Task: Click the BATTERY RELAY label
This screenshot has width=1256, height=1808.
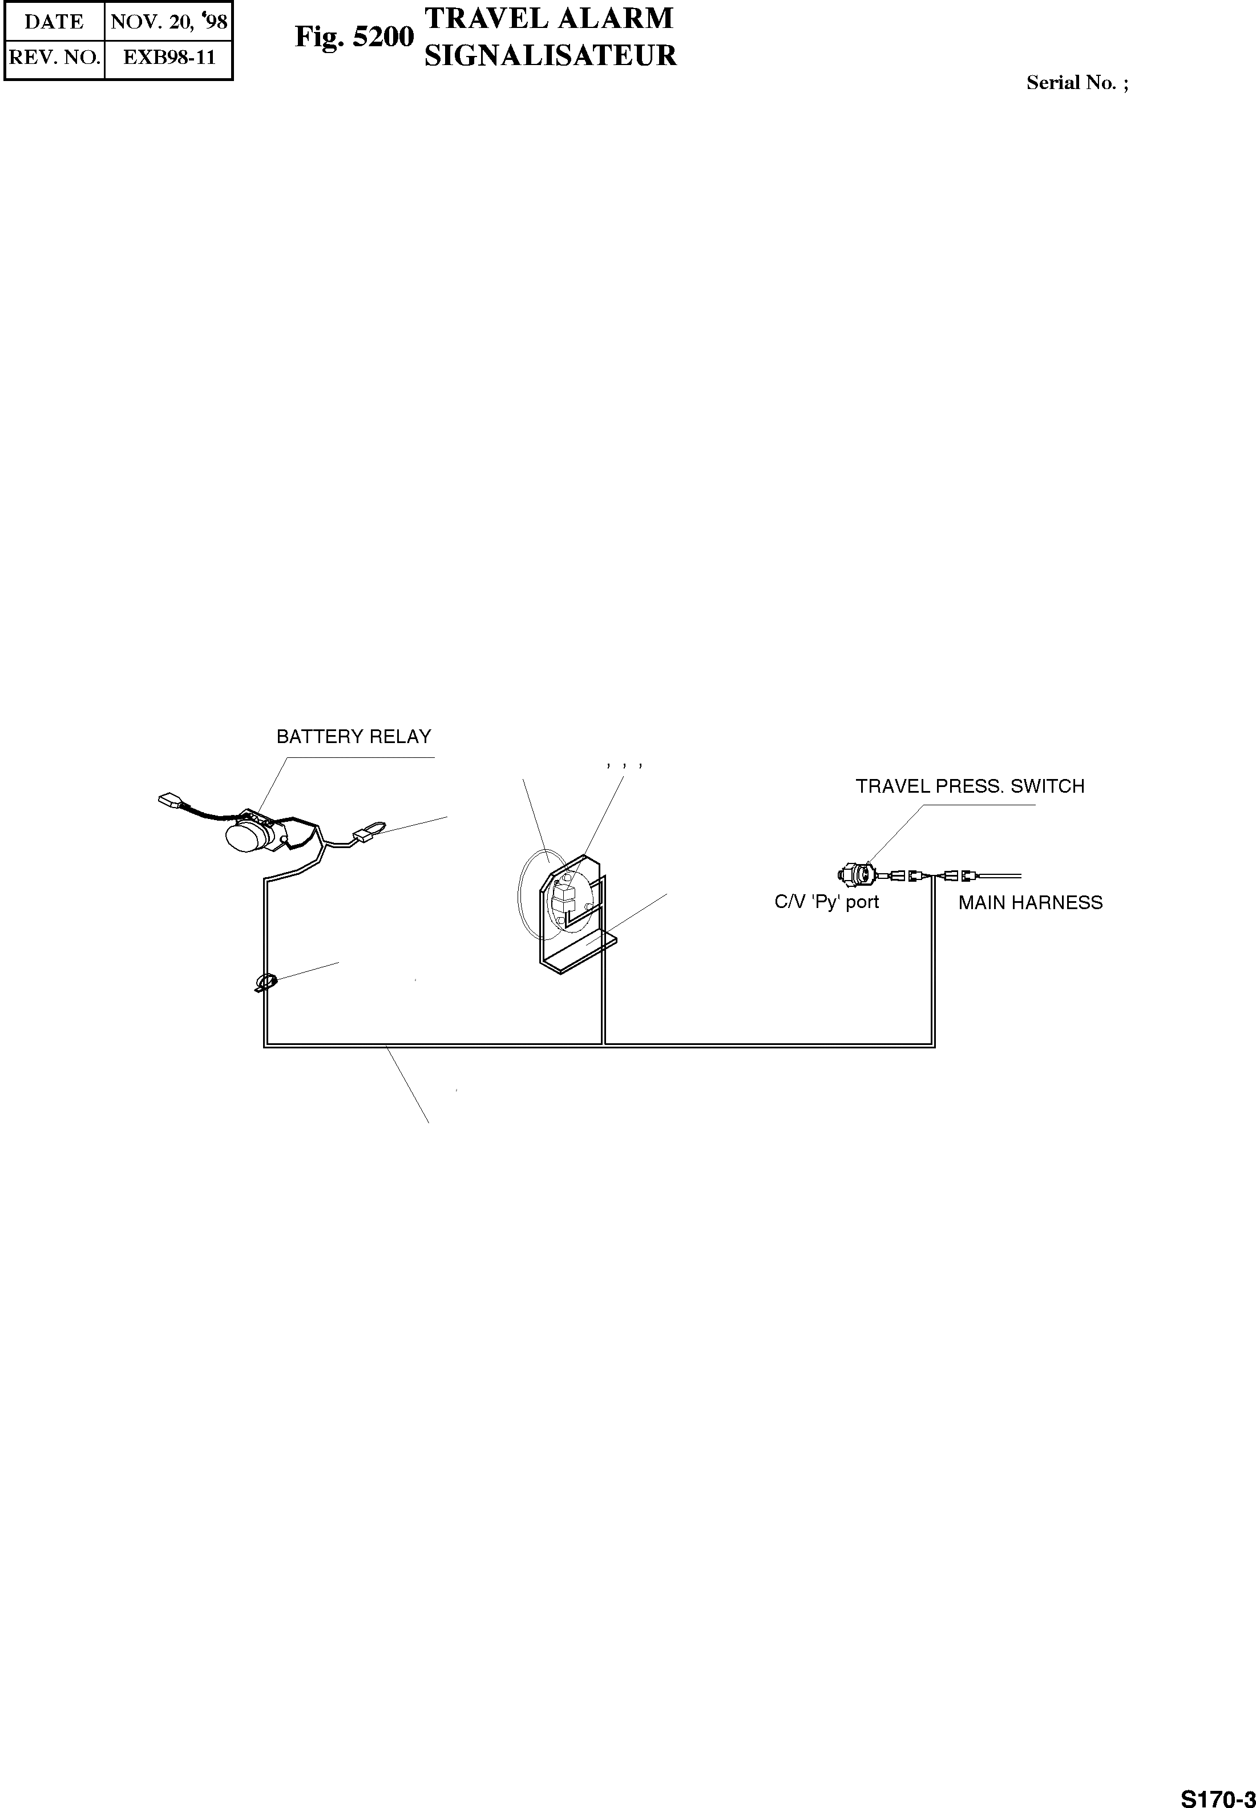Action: (x=353, y=737)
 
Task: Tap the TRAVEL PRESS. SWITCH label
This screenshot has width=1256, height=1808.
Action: (x=970, y=786)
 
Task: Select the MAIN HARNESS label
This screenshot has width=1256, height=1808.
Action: (x=1030, y=903)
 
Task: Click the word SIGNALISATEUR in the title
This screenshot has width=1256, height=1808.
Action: (x=550, y=56)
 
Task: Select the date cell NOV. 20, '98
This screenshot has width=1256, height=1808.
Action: (x=168, y=22)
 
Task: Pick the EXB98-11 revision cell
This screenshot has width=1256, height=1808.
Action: (x=168, y=58)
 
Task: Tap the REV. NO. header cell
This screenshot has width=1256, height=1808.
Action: (x=54, y=58)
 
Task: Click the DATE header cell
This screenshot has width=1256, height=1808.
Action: (x=54, y=22)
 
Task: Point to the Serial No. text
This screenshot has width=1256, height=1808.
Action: (x=1077, y=83)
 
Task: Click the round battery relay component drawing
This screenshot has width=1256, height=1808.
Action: (x=248, y=836)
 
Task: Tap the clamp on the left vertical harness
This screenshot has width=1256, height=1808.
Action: (x=266, y=982)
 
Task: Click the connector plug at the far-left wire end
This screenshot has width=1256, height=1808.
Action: (x=169, y=801)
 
